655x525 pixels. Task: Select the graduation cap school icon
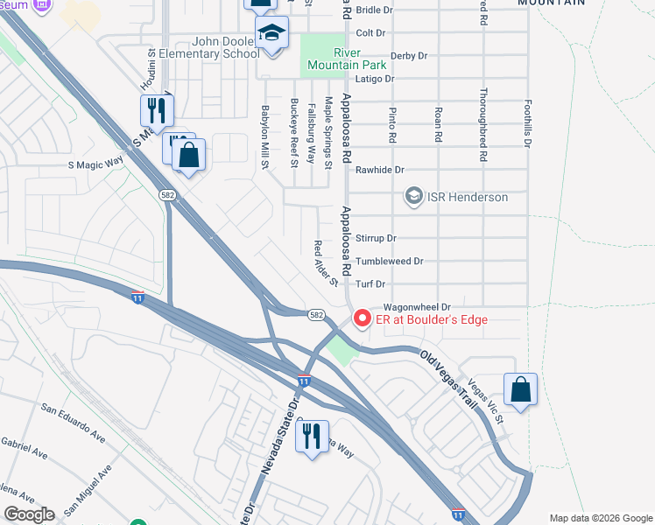[x=272, y=34]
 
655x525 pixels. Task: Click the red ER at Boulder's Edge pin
[x=361, y=318]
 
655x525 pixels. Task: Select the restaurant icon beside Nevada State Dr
[x=312, y=437]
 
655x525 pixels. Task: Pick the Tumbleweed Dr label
[x=390, y=261]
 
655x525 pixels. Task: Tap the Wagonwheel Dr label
[x=416, y=307]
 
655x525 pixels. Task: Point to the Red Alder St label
[x=325, y=262]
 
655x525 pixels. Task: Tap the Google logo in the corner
[x=29, y=514]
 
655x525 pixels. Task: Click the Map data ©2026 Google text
[x=600, y=517]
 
